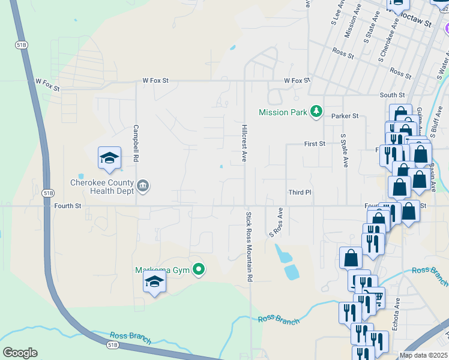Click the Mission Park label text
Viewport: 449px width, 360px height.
pos(283,112)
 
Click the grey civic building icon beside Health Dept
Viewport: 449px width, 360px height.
pos(143,186)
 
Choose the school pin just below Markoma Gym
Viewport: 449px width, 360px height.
pos(155,283)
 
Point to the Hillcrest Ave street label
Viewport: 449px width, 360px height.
pos(244,143)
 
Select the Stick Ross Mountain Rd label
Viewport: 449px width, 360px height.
pos(248,247)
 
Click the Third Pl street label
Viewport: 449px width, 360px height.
pos(300,193)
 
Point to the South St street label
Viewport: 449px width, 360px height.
pos(392,95)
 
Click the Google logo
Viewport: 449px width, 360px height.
pos(20,353)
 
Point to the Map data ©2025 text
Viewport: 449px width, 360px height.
pos(423,355)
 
